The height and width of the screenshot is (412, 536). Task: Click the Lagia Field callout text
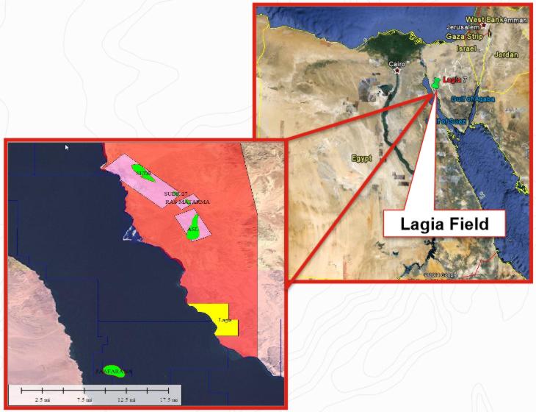(444, 224)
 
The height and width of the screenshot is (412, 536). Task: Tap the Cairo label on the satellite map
(396, 65)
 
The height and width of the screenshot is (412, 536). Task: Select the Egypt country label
(361, 158)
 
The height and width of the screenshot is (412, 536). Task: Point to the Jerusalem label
(463, 28)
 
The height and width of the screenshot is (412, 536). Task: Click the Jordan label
(507, 54)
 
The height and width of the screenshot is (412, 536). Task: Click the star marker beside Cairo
(398, 72)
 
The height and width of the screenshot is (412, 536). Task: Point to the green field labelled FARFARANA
(112, 370)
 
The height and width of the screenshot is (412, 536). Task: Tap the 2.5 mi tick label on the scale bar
(41, 399)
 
